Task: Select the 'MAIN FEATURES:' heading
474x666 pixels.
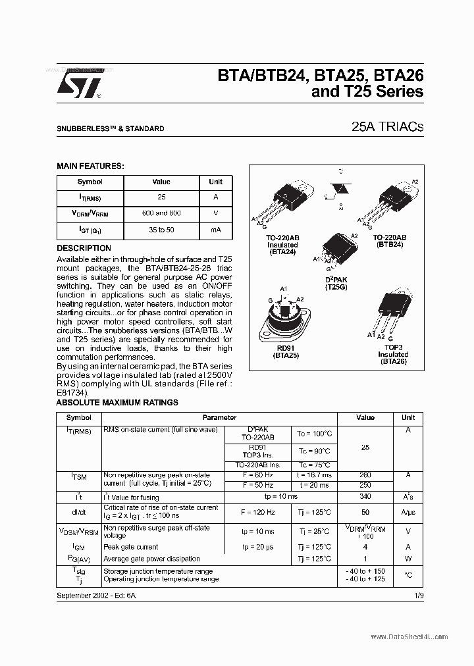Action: pos(90,166)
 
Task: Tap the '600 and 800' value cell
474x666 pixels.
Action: pos(161,213)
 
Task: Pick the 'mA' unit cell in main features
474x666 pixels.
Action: pos(215,230)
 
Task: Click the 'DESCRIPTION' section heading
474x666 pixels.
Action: pos(84,248)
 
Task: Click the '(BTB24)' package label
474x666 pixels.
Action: pos(390,244)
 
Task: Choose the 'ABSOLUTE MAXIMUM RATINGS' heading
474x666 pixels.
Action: pos(117,403)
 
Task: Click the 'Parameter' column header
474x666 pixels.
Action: pos(219,417)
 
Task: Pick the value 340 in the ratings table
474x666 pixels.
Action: pos(365,497)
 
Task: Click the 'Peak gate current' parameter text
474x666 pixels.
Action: pos(131,547)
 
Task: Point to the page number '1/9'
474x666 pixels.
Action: pos(418,594)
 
